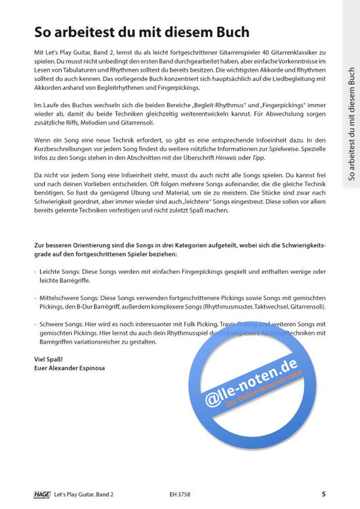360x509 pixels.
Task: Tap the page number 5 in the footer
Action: pos(323,494)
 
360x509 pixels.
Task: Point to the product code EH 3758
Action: pos(178,494)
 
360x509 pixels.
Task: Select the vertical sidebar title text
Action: pos(352,124)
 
